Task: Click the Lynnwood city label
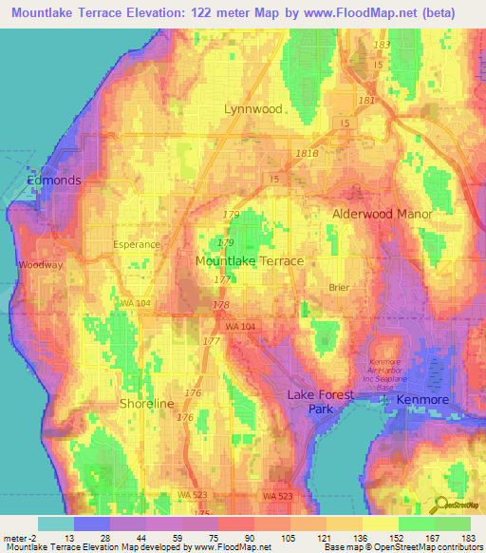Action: (x=252, y=109)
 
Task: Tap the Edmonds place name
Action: (x=54, y=180)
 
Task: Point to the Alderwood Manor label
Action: (x=382, y=215)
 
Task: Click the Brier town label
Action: (x=339, y=287)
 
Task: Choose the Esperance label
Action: (x=137, y=244)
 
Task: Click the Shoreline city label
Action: (x=147, y=404)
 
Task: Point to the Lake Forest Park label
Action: (x=321, y=402)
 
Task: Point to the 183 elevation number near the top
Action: (x=382, y=46)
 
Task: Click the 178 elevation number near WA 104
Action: (x=221, y=305)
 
